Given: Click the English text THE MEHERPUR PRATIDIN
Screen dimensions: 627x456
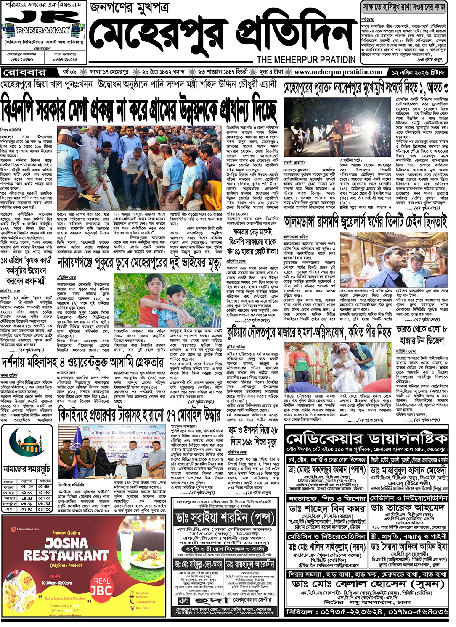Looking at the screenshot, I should (306, 60).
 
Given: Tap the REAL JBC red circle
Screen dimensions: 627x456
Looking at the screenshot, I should (101, 586).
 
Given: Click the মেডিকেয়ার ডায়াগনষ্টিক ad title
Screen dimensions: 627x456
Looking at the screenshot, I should (366, 439).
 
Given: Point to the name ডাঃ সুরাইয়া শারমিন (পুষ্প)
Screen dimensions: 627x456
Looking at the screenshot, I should (223, 518).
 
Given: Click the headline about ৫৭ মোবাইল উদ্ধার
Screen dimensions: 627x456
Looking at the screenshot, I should (139, 416).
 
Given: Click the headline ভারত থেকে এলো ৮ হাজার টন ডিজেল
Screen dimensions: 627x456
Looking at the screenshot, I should (422, 335).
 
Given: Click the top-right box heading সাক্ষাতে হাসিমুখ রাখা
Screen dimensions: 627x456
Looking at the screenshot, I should (404, 7).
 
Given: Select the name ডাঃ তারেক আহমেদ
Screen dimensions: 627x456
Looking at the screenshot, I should (408, 508).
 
